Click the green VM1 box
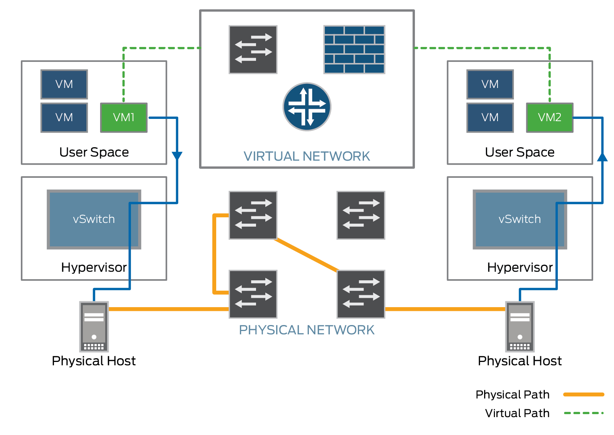click(124, 117)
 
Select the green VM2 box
click(550, 117)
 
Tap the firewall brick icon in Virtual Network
click(354, 50)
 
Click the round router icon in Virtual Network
click(307, 107)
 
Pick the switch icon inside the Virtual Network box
click(253, 50)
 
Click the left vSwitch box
click(94, 219)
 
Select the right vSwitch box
click(520, 219)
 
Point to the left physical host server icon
click(94, 327)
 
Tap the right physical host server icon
click(520, 327)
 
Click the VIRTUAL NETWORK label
click(307, 156)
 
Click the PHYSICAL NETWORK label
click(307, 330)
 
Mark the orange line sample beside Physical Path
click(583, 394)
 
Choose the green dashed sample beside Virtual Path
click(583, 413)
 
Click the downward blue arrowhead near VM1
click(177, 156)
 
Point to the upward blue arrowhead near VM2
click(602, 157)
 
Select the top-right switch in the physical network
click(361, 215)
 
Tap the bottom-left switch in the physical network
click(253, 294)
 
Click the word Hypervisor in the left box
click(94, 267)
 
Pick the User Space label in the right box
click(520, 152)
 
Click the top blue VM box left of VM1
click(64, 84)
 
